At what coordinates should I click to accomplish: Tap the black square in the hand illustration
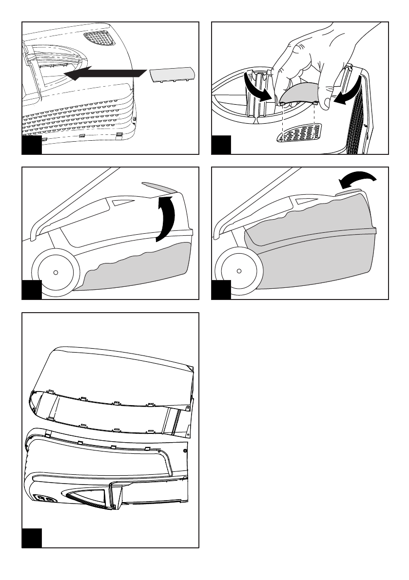[x=220, y=146]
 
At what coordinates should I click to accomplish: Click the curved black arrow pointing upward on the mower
[x=165, y=219]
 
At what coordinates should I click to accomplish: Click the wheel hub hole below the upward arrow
[x=56, y=272]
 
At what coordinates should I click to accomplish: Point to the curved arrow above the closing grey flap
[x=357, y=181]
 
